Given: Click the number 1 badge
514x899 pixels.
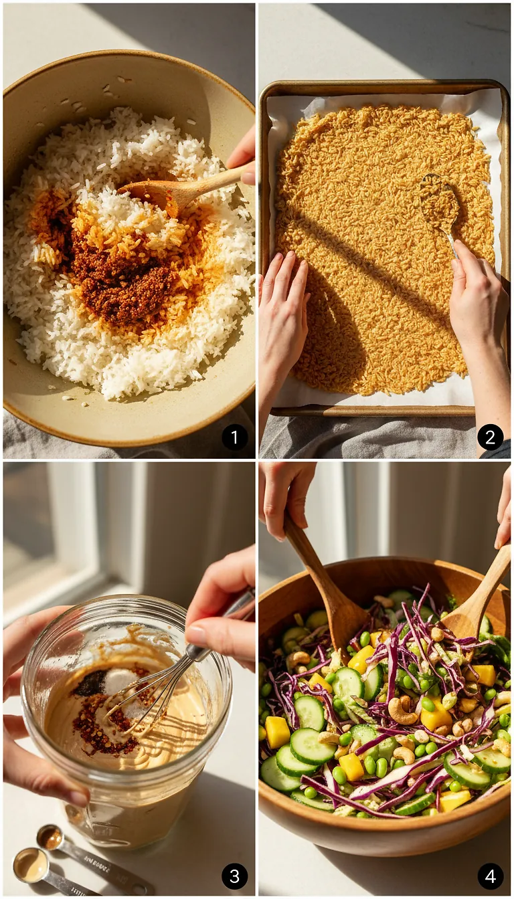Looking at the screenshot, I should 234,437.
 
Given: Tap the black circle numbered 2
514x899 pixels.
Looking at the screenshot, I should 490,437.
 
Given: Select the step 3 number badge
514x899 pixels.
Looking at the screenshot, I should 234,876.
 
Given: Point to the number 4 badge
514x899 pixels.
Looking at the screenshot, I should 490,876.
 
